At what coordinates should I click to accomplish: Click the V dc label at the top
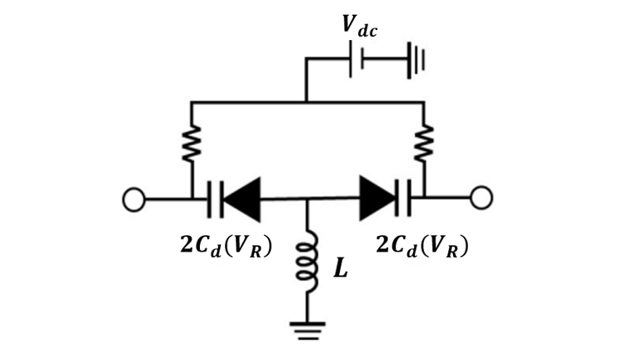coord(359,27)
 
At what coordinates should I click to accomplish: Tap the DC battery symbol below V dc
coord(356,59)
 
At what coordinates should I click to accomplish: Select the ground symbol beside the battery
coord(416,60)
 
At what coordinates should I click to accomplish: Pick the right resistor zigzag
coord(423,143)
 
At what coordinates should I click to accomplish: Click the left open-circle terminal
coord(133,200)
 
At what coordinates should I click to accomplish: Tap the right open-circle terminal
coord(481,197)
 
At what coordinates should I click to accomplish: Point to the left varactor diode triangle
coord(242,199)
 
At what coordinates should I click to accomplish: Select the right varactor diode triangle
coord(378,198)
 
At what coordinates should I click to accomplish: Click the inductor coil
coord(307,261)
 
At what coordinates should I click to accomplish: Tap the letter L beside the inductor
coord(341,267)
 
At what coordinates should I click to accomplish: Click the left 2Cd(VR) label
coord(226,246)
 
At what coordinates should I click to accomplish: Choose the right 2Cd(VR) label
coord(422,246)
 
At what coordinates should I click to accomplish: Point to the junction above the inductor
coord(307,199)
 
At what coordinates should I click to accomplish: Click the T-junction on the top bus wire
coord(306,102)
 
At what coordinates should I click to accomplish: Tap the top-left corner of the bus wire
coord(192,102)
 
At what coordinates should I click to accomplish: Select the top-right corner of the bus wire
coord(423,102)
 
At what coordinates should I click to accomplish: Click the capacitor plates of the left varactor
coord(215,200)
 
